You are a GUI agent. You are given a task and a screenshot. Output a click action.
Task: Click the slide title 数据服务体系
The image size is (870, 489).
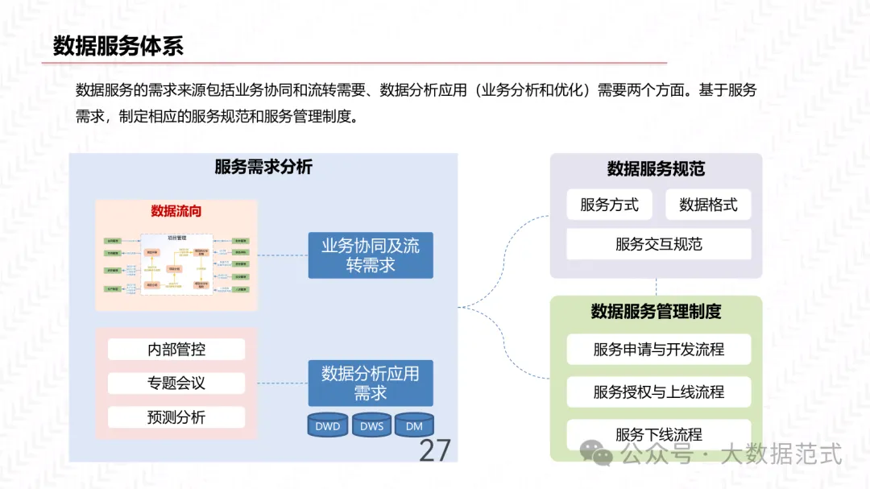118,46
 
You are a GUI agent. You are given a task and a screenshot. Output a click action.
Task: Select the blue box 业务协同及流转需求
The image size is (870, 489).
371,255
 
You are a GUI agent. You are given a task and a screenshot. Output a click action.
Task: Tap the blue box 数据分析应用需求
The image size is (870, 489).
371,383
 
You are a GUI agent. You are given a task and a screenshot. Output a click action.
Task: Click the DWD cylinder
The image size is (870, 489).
328,425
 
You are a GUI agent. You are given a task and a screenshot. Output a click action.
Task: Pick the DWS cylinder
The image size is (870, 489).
371,425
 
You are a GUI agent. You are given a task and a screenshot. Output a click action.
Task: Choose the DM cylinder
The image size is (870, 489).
414,425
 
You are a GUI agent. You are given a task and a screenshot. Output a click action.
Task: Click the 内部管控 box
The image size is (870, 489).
176,349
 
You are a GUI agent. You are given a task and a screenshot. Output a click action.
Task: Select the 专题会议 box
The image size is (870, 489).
176,383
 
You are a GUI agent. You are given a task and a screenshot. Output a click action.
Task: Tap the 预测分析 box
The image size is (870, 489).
176,417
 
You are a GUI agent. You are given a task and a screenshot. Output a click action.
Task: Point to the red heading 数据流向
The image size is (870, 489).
176,212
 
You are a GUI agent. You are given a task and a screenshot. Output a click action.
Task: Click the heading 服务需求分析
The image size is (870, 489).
263,168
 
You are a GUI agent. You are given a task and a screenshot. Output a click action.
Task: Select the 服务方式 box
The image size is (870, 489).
610,205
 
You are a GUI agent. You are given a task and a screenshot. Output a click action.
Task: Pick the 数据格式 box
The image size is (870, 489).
708,205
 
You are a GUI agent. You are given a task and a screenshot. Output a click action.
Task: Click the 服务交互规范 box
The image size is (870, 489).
658,244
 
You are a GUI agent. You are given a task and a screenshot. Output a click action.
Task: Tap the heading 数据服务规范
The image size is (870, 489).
656,169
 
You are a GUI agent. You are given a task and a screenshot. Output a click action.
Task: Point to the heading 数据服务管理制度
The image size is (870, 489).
656,312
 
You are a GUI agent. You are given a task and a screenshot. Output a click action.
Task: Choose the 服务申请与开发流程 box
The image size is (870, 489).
658,350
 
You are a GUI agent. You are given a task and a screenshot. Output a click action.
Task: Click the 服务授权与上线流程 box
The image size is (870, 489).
658,392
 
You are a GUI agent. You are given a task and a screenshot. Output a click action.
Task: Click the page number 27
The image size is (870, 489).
435,450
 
